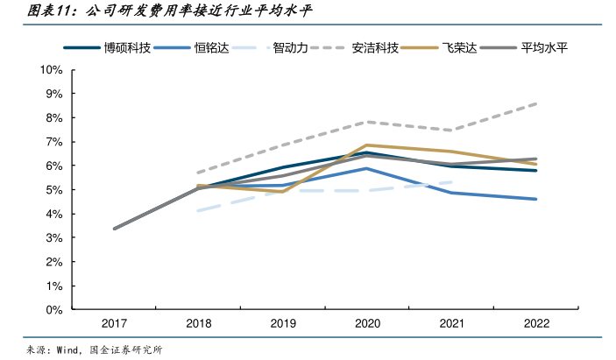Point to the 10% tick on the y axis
(50, 69)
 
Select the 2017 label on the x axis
(114, 324)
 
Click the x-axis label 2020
(367, 324)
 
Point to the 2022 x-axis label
(536, 324)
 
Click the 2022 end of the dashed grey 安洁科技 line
(536, 103)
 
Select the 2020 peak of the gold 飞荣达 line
(367, 145)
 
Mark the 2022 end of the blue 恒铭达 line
(536, 199)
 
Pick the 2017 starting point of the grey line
(115, 229)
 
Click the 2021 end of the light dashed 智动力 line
(451, 182)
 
